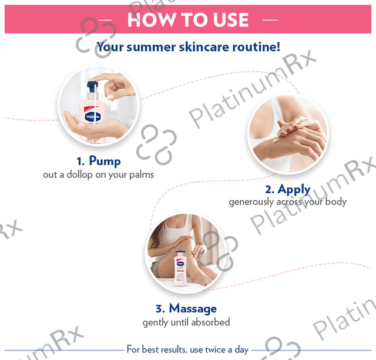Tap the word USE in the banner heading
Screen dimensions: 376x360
[231, 19]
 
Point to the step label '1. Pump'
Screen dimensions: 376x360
[99, 161]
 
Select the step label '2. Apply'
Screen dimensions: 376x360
[288, 190]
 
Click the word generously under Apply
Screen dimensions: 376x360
[251, 202]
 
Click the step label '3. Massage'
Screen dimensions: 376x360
[186, 308]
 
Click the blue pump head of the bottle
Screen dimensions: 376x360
[93, 86]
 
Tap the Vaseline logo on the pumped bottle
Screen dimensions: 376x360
[93, 117]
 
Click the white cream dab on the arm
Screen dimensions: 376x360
[274, 140]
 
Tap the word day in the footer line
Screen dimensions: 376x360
[241, 350]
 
